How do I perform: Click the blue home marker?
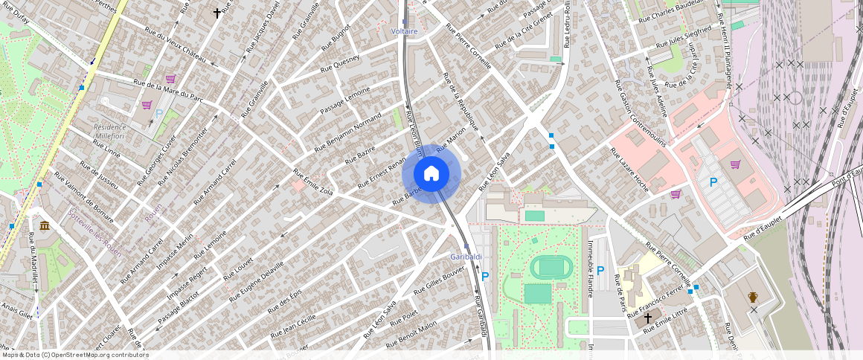[x=431, y=174]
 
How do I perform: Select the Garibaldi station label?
[x=466, y=257]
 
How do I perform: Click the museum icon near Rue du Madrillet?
[x=45, y=225]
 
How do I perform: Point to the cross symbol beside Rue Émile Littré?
[x=647, y=318]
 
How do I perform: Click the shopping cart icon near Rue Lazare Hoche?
[x=676, y=194]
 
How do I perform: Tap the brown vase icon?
[x=753, y=298]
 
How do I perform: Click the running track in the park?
[x=551, y=266]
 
